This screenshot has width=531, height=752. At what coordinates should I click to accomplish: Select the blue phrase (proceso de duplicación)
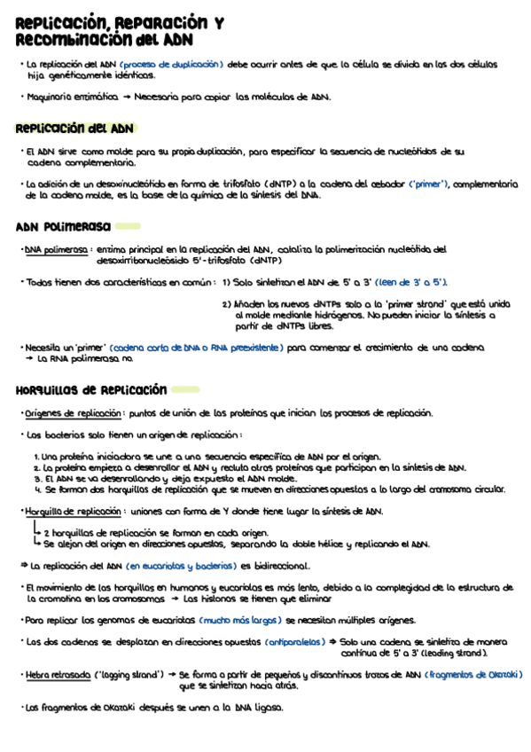click(172, 65)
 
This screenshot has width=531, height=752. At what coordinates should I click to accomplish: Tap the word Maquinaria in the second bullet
click(52, 98)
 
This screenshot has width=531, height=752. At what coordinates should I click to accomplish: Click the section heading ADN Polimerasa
click(63, 226)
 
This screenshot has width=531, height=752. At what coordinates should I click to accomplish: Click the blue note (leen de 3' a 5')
click(412, 282)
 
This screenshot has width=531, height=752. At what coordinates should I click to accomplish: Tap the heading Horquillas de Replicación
click(91, 389)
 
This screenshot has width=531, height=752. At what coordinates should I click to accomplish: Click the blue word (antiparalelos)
click(294, 641)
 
